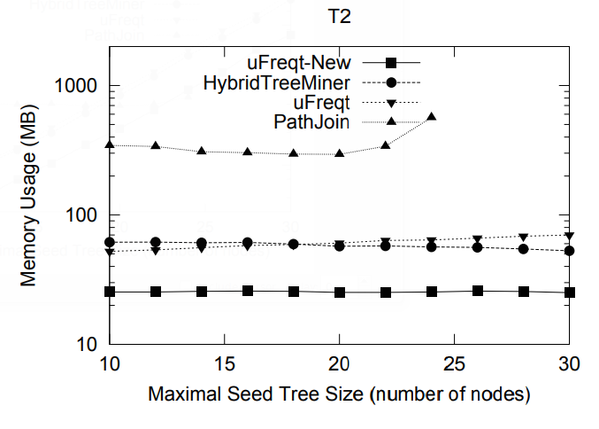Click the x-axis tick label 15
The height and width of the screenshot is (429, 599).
[225, 363]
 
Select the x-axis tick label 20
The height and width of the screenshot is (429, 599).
[340, 363]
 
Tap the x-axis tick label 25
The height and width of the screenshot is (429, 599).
[454, 363]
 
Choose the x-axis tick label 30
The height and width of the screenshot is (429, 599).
[569, 363]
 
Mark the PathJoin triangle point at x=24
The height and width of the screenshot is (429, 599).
[432, 117]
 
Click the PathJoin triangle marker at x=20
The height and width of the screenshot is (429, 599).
[340, 153]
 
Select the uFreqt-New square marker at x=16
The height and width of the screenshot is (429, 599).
[248, 291]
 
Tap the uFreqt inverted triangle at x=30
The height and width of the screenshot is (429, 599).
[569, 236]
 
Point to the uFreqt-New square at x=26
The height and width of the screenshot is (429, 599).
[478, 291]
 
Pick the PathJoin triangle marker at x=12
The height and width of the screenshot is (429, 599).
[156, 145]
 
